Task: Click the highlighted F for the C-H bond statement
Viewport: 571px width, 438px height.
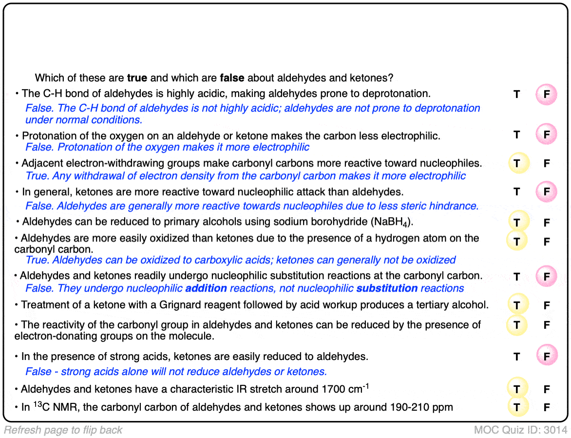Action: pyautogui.click(x=547, y=95)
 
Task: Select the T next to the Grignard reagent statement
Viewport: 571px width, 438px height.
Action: pyautogui.click(x=517, y=306)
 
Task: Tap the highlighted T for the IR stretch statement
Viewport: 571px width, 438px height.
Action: pyautogui.click(x=517, y=389)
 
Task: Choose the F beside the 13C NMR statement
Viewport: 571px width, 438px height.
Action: pyautogui.click(x=547, y=407)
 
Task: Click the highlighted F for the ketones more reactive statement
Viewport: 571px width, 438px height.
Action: pyautogui.click(x=547, y=192)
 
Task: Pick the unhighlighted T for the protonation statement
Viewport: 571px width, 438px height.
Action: pyautogui.click(x=517, y=135)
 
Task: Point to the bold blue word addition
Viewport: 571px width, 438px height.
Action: pyautogui.click(x=206, y=288)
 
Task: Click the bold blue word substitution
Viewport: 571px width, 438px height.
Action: pyautogui.click(x=387, y=288)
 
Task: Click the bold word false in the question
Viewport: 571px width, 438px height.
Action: pyautogui.click(x=232, y=78)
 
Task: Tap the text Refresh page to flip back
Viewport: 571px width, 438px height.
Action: pyautogui.click(x=63, y=430)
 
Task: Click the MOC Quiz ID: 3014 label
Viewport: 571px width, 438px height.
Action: pyautogui.click(x=520, y=430)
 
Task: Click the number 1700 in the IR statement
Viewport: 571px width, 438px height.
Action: pyautogui.click(x=333, y=390)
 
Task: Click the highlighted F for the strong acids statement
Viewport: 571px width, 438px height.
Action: pyautogui.click(x=547, y=357)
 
